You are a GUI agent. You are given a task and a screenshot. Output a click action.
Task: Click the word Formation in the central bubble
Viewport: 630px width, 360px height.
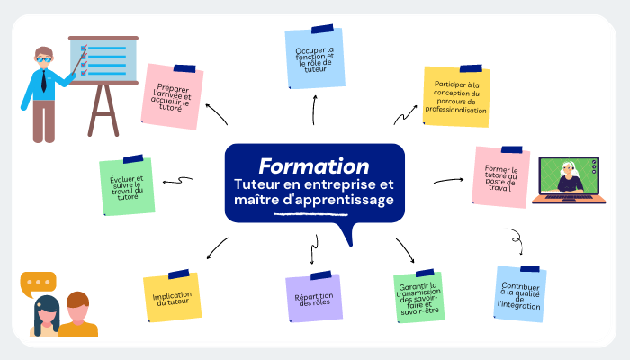313,166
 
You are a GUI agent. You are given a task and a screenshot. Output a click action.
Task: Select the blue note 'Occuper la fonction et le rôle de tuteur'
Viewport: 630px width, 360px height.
314,58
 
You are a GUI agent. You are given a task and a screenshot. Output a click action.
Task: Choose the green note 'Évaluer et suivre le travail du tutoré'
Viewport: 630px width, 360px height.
126,186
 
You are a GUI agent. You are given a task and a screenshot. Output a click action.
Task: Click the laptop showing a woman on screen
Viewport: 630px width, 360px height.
567,180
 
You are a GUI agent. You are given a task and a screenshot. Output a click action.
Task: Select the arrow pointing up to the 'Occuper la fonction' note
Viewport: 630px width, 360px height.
315,110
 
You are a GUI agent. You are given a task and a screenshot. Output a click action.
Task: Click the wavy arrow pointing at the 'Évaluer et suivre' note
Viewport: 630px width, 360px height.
176,181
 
